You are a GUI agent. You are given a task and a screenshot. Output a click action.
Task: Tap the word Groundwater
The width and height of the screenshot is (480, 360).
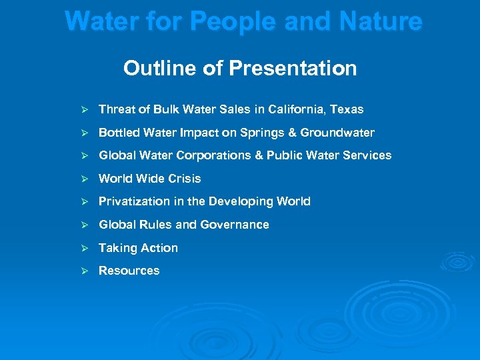[337, 133]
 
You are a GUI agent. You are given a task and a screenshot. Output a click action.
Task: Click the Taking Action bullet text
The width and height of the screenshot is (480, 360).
[138, 248]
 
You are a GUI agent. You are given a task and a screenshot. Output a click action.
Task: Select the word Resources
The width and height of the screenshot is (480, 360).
[129, 271]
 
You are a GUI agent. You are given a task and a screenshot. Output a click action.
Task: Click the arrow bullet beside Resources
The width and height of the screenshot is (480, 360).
[85, 271]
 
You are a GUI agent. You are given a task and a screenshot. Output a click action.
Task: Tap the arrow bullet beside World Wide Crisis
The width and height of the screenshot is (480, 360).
[85, 179]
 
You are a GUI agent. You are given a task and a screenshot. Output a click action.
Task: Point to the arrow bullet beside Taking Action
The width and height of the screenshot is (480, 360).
[85, 248]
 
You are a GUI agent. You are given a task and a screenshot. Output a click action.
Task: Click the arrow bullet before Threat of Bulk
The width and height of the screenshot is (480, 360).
[85, 109]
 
